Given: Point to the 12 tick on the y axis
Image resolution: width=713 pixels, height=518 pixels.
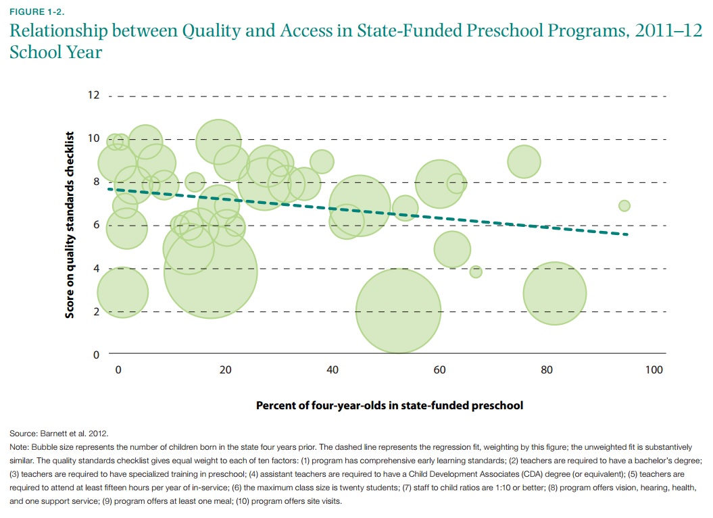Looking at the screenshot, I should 93,95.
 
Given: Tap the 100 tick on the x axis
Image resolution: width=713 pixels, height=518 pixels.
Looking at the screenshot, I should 654,370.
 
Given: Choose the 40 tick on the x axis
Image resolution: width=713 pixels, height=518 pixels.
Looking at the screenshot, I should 333,370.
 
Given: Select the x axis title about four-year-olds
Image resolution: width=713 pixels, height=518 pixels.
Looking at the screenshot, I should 389,406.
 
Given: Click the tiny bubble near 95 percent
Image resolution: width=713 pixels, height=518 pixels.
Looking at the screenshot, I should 624,205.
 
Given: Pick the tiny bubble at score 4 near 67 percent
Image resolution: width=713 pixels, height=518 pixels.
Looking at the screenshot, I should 476,271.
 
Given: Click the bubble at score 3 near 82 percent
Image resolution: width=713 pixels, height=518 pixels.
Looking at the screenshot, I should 554,294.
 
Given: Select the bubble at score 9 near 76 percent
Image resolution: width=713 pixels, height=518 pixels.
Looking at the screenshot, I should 524,161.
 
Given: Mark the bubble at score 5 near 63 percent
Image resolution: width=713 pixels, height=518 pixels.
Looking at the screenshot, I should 452,249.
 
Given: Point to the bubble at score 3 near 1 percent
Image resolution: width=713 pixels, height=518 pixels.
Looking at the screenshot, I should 122,292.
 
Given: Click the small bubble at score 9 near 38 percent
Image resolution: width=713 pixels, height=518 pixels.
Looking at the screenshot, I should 322,161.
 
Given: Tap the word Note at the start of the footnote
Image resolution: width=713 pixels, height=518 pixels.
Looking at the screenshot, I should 20,447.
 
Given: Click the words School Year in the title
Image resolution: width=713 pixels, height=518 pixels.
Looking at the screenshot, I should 55,52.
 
